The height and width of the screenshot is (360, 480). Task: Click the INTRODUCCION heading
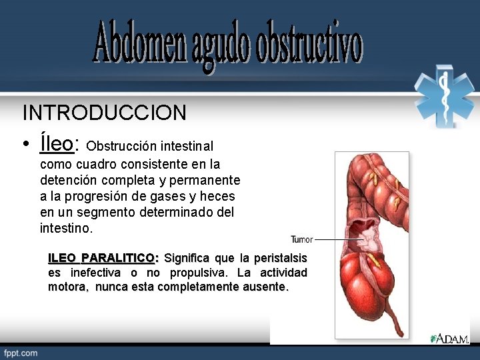pos(104,113)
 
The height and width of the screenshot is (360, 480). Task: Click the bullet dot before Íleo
pos(25,145)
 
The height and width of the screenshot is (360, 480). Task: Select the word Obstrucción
pos(121,145)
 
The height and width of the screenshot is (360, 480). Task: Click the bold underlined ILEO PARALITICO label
pos(102,258)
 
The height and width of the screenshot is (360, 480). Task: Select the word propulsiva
pos(197,273)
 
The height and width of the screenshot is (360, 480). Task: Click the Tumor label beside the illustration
pos(301,239)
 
